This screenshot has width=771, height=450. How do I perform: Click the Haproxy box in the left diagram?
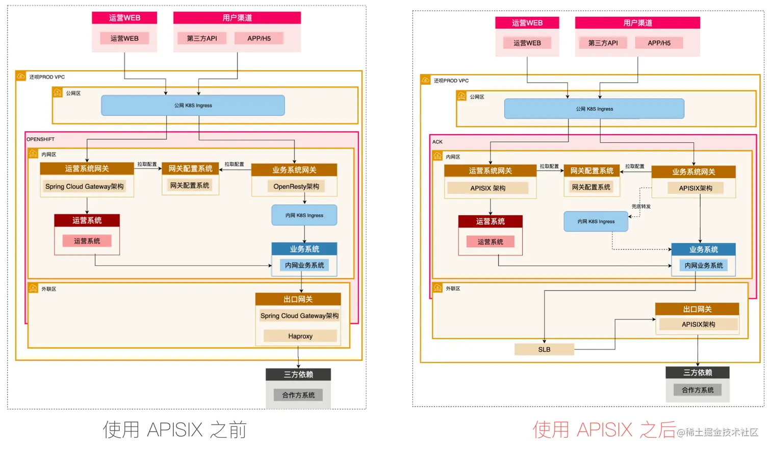coord(300,336)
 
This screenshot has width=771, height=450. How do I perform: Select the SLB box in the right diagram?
coord(544,349)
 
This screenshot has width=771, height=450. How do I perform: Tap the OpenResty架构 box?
coord(296,187)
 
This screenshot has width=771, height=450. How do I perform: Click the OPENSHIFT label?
coord(40,139)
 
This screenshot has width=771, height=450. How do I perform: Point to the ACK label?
coord(438,142)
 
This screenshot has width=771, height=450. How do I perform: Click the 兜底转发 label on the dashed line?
coord(641,207)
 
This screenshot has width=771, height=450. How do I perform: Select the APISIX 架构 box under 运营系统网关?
coord(487,188)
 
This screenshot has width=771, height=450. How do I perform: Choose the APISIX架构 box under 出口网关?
coord(698,324)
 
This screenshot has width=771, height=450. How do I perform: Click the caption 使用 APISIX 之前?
coord(175,430)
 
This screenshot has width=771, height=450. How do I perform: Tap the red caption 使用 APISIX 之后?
coord(604,430)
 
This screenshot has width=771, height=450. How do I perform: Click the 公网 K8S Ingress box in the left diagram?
coord(193,106)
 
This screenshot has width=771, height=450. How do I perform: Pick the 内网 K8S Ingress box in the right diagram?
coord(596,221)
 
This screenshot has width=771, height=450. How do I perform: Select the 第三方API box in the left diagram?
coord(202,38)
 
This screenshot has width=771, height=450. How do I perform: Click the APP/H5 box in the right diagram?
coord(659,43)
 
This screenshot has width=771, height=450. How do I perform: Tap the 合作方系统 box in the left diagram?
coord(298,395)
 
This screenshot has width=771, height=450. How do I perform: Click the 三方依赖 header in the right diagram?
coord(698,372)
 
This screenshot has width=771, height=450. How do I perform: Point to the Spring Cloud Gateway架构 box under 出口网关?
coord(299,316)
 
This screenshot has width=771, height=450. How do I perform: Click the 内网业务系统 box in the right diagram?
coord(704,265)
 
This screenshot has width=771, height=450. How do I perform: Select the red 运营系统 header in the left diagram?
coord(87,220)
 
